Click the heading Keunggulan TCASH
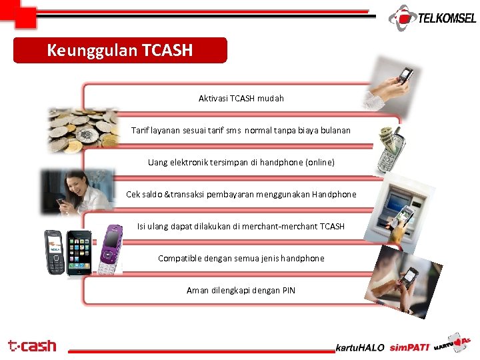(120, 51)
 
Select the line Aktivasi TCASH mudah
(241, 98)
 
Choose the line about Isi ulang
(241, 226)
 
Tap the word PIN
(288, 290)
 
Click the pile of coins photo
(84, 129)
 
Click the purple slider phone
(109, 249)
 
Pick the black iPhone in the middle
(79, 252)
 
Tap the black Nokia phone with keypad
(53, 252)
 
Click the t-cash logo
(32, 346)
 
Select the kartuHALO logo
(360, 347)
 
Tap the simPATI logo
(408, 347)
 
